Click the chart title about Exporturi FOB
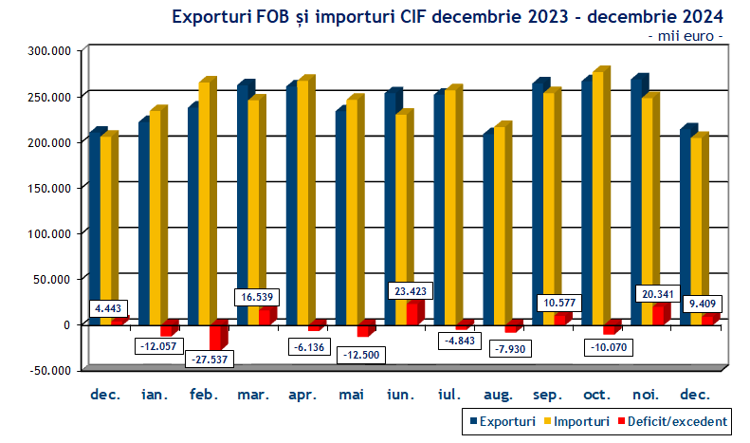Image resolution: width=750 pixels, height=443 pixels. (x=446, y=16)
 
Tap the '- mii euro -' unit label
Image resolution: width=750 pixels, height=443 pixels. (x=686, y=36)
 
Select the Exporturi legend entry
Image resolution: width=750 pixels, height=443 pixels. (x=503, y=420)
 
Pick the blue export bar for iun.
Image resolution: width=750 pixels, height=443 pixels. (x=391, y=209)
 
